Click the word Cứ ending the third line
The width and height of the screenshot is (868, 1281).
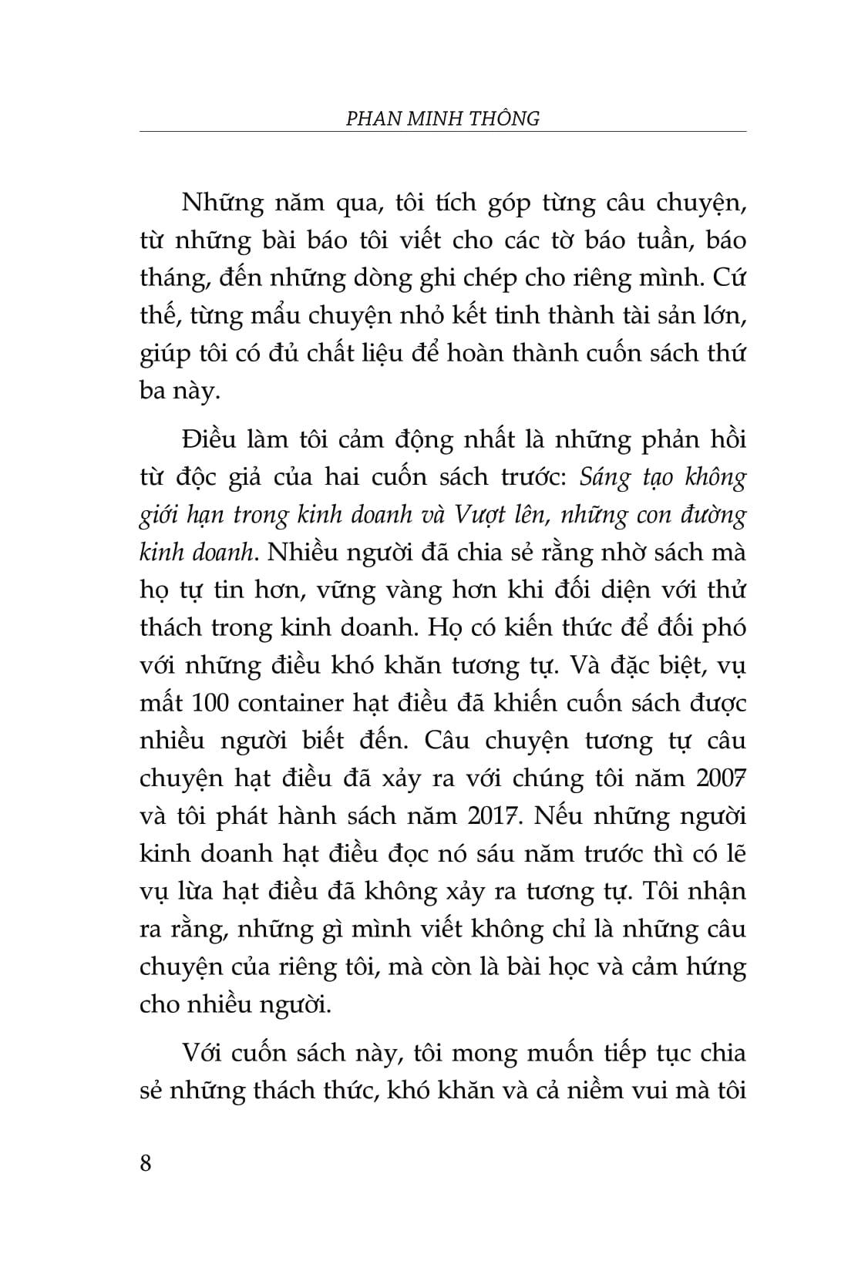tap(728, 278)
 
